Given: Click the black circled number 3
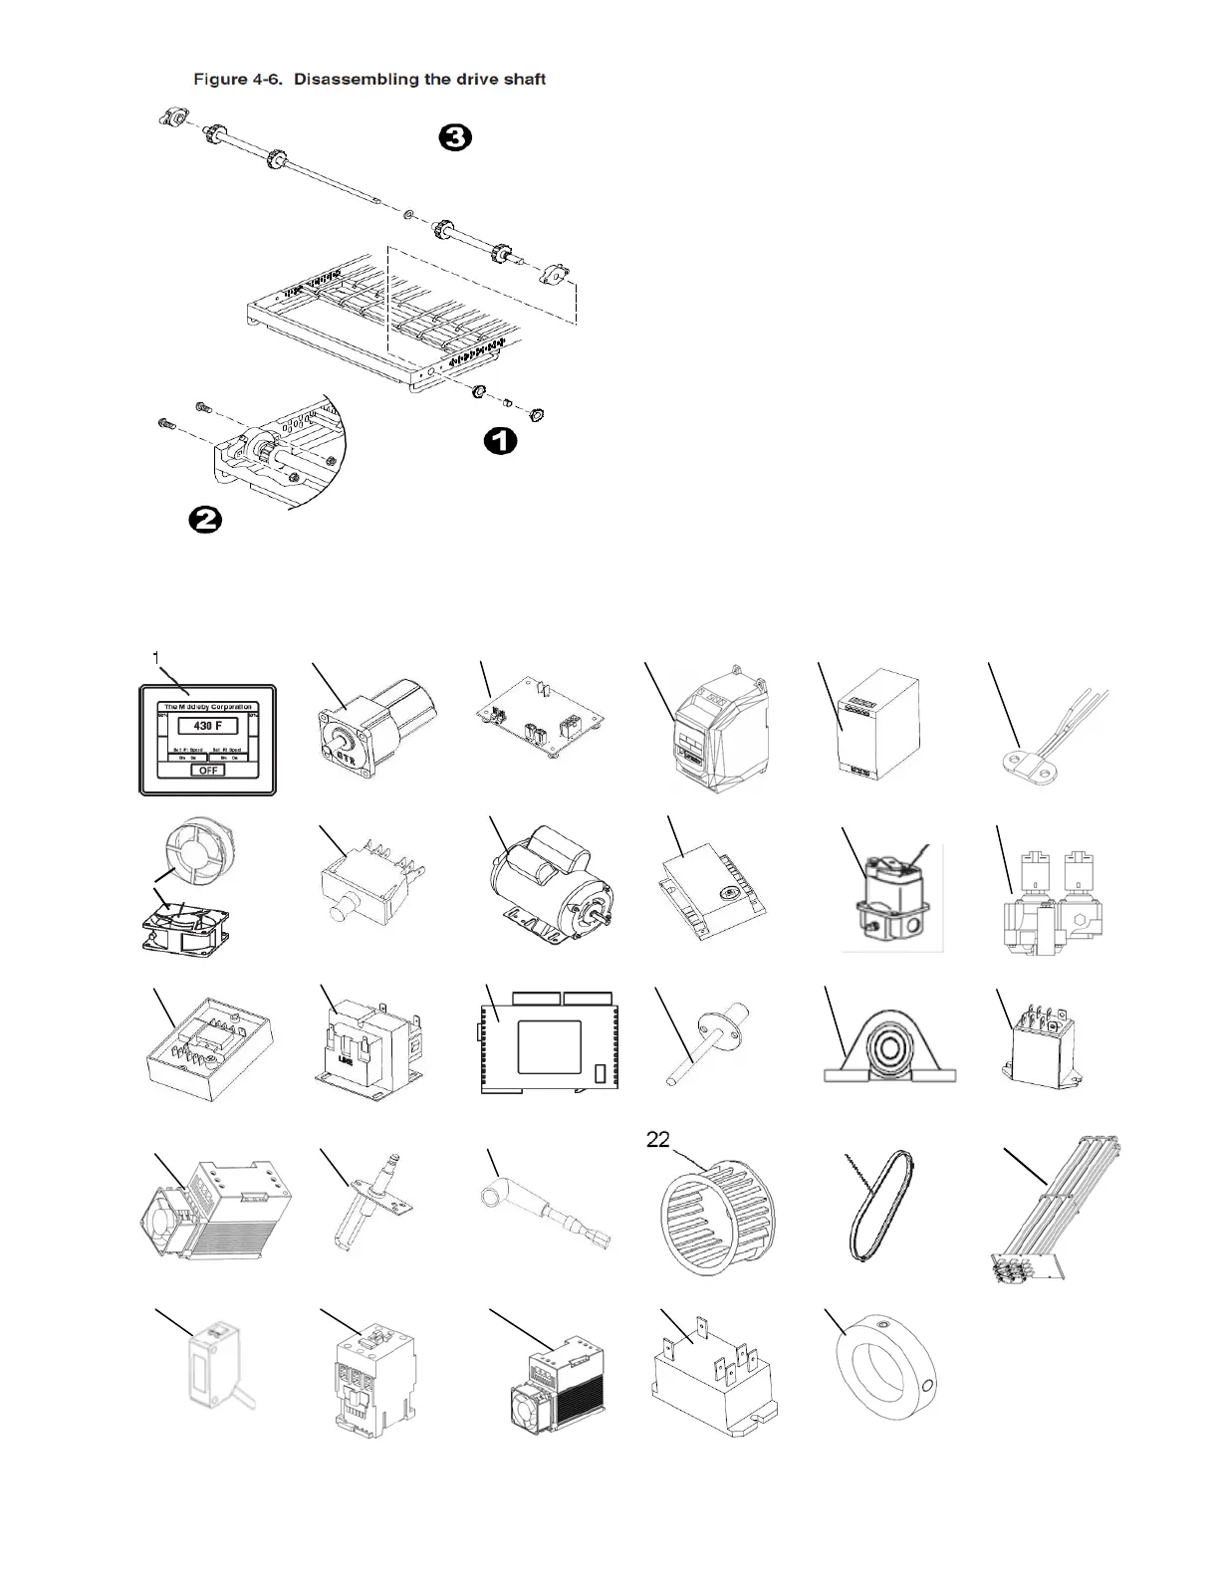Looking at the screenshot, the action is (454, 137).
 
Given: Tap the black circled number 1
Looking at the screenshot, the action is (500, 440).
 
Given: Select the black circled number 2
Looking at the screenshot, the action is (205, 519).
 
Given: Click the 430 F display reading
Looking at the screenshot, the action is (207, 726).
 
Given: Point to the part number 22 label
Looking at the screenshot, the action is (657, 1140).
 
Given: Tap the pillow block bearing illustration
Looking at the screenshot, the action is (890, 1047).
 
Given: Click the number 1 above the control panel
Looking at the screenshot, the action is (156, 656).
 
